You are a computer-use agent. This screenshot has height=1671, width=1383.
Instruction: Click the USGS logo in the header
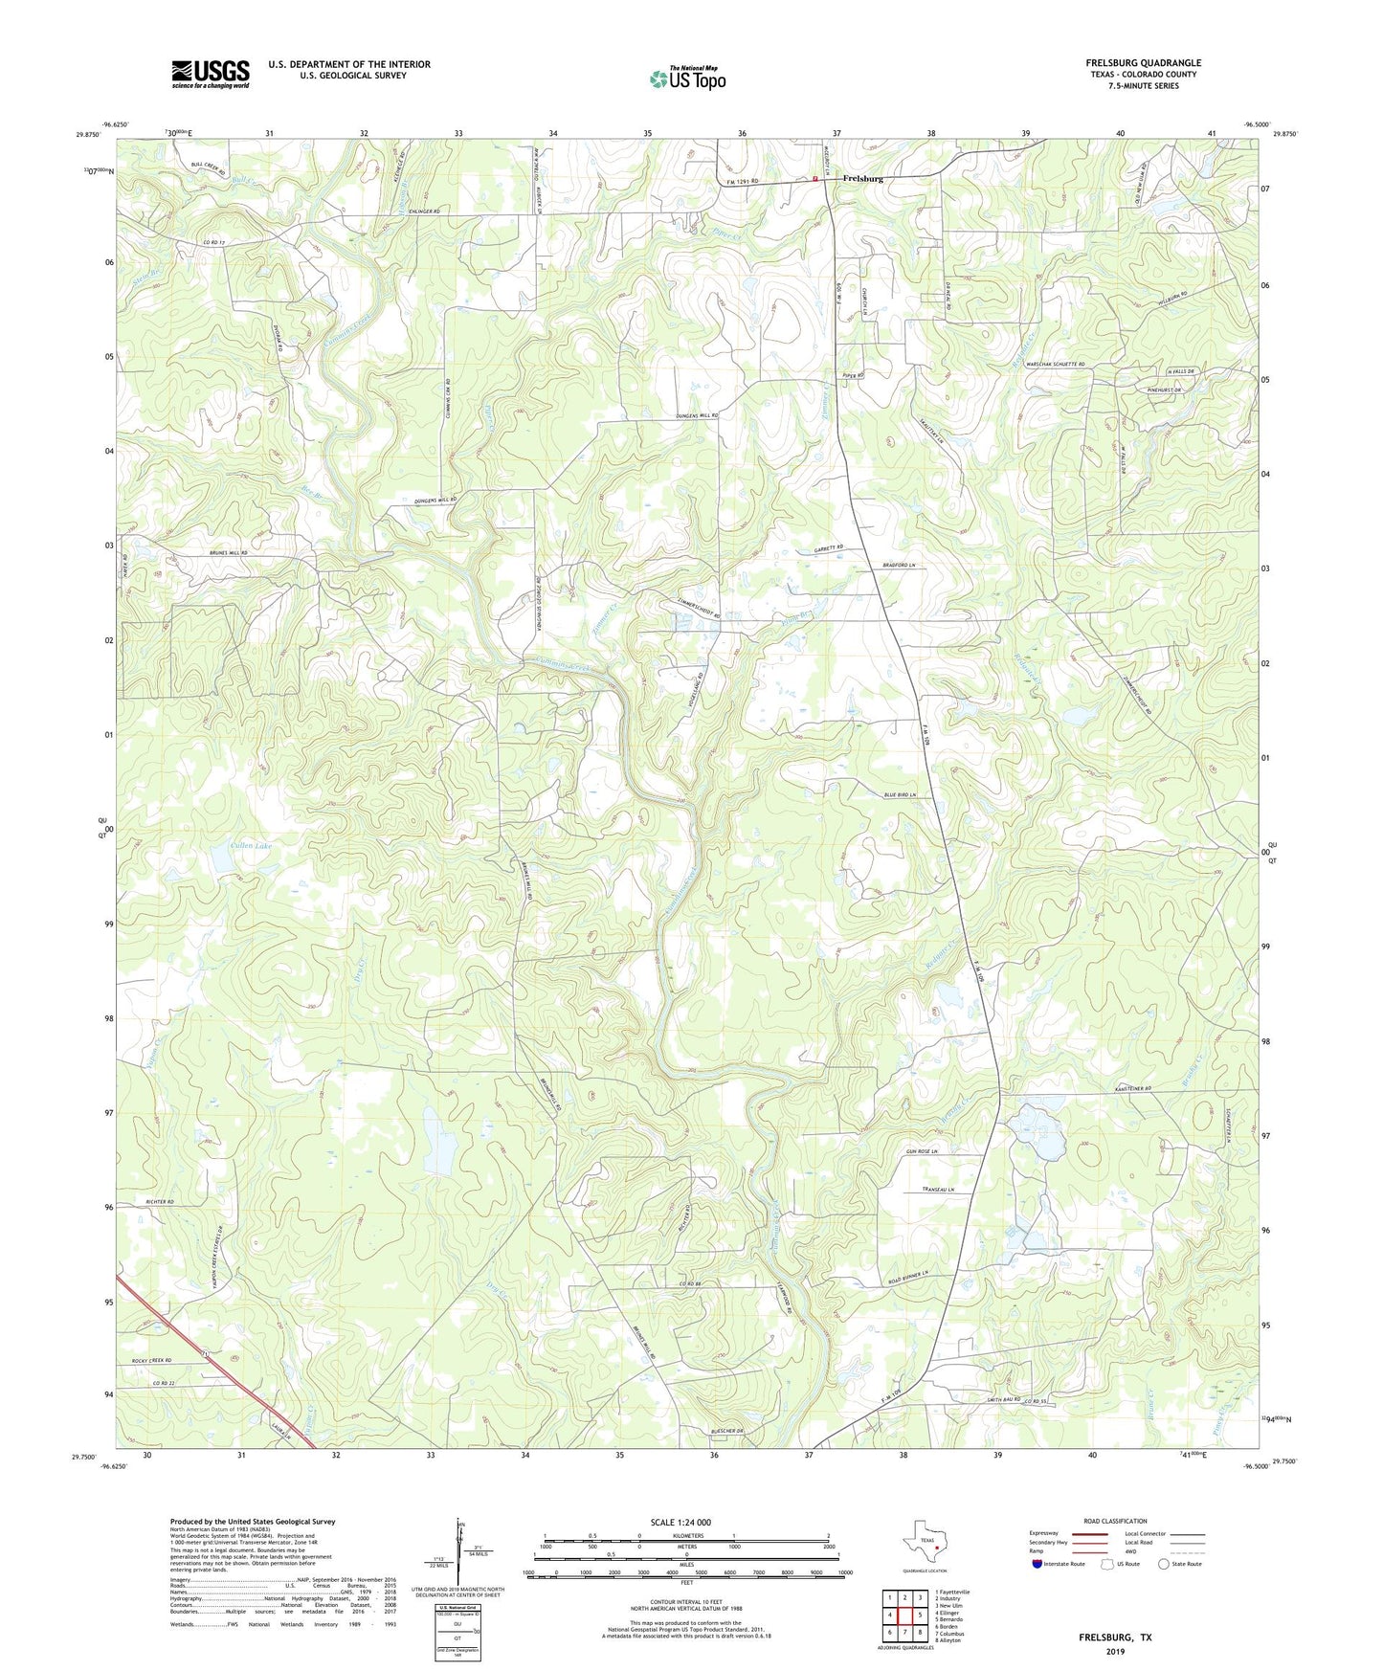tap(211, 73)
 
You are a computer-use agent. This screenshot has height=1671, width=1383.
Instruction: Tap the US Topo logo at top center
tap(687, 78)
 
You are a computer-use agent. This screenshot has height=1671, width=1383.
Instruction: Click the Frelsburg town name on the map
tap(862, 179)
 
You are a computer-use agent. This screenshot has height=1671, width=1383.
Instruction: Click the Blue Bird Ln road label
tap(900, 795)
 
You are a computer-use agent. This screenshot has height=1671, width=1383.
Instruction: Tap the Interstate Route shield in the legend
tap(1037, 1564)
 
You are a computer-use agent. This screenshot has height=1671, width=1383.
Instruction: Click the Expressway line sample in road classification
tap(1092, 1534)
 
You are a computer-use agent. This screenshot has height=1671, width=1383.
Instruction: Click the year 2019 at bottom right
tap(1115, 1651)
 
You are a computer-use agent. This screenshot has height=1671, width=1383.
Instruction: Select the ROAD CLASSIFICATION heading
tap(1114, 1521)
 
